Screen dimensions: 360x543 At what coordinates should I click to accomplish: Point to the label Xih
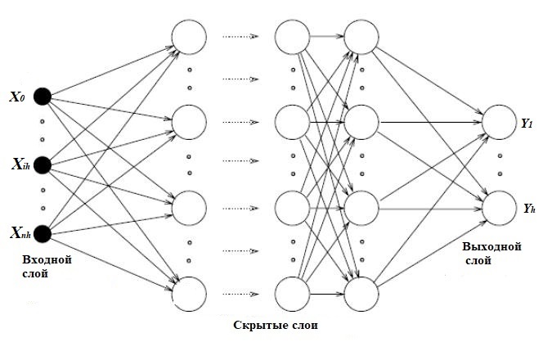19,165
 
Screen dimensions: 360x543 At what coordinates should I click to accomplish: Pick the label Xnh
19,234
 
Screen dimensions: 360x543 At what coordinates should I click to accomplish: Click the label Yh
527,209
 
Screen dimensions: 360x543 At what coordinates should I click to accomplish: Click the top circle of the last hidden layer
360,35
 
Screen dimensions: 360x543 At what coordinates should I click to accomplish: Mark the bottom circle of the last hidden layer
360,291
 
